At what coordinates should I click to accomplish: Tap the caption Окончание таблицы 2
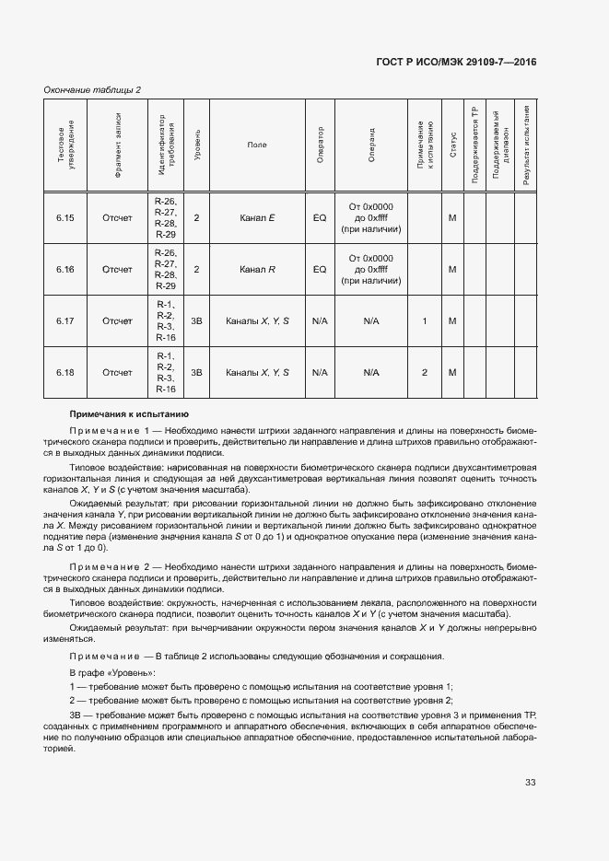click(93, 89)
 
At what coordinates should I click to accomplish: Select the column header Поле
click(257, 145)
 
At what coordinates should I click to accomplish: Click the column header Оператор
click(320, 145)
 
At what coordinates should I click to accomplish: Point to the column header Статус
click(452, 145)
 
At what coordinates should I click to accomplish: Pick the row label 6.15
click(64, 218)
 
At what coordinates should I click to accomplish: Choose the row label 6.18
click(64, 372)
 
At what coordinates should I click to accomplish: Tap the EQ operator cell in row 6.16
click(320, 269)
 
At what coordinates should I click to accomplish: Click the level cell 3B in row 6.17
click(196, 320)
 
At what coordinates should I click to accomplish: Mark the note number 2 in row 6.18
click(424, 372)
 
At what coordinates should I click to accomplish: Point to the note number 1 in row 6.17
click(424, 320)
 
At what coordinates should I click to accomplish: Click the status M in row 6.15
click(452, 218)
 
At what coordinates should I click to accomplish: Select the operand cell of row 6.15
click(371, 218)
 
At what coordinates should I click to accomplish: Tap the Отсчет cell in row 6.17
click(117, 320)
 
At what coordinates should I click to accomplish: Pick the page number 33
click(531, 783)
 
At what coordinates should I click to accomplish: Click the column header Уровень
click(196, 145)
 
